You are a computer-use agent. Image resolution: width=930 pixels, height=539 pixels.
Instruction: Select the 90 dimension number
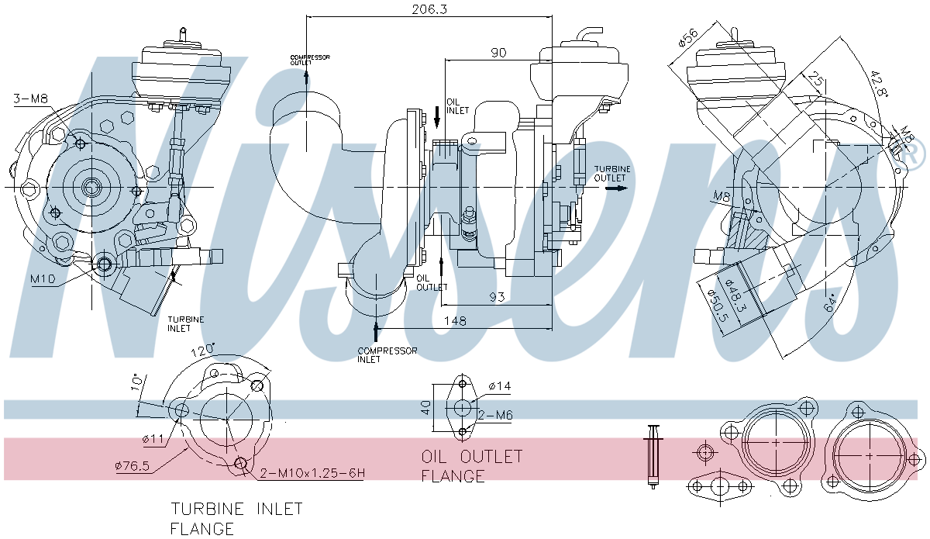(x=498, y=53)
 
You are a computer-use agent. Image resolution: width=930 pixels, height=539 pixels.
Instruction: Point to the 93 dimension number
(x=496, y=296)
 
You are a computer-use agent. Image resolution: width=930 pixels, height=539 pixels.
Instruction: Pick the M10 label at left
(x=43, y=278)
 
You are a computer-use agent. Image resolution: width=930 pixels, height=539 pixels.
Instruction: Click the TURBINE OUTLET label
(x=612, y=173)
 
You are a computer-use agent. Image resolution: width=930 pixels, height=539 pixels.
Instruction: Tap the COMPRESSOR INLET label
(x=387, y=354)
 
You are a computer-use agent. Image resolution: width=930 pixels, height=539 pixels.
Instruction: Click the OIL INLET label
(x=458, y=105)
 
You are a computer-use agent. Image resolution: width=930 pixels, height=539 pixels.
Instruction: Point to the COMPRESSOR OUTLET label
(x=310, y=60)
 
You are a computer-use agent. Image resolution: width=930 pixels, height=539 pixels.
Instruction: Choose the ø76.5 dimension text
(x=132, y=466)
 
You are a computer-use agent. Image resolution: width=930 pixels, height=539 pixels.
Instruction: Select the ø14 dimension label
(x=500, y=385)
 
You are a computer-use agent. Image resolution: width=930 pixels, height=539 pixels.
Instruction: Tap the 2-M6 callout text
(x=495, y=416)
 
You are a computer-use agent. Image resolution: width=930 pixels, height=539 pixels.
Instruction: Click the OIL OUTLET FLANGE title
(x=472, y=465)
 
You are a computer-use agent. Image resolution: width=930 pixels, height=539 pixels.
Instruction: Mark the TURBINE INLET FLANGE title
(x=236, y=519)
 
